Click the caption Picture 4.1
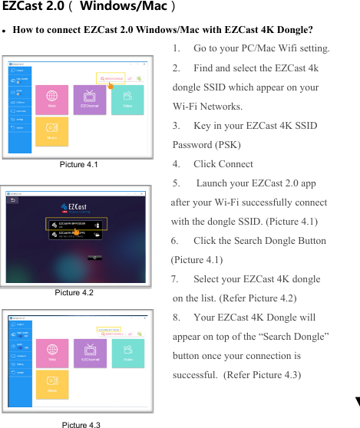coord(78,163)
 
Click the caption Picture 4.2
coord(74,292)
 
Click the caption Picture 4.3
coord(81,424)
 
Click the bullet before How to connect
coord(5,31)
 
